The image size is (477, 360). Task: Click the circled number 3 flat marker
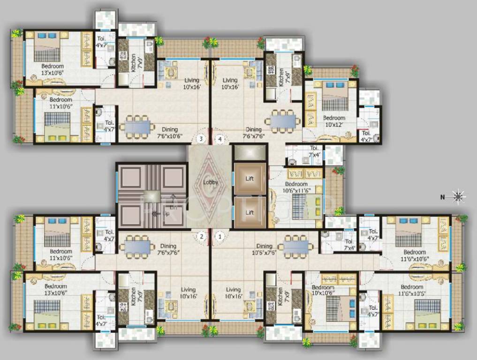(x=201, y=138)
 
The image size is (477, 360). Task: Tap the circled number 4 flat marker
(x=220, y=138)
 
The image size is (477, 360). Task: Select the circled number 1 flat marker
(x=219, y=237)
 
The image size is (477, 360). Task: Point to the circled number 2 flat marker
(x=201, y=237)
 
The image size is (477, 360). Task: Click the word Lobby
(x=211, y=182)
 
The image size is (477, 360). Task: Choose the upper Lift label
(x=250, y=178)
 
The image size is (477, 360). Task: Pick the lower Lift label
(x=250, y=212)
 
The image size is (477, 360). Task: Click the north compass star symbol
(x=459, y=196)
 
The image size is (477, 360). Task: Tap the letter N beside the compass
(x=442, y=197)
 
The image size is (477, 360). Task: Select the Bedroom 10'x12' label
(x=334, y=121)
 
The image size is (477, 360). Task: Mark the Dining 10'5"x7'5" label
(x=264, y=249)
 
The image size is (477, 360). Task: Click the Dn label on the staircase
(x=173, y=207)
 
